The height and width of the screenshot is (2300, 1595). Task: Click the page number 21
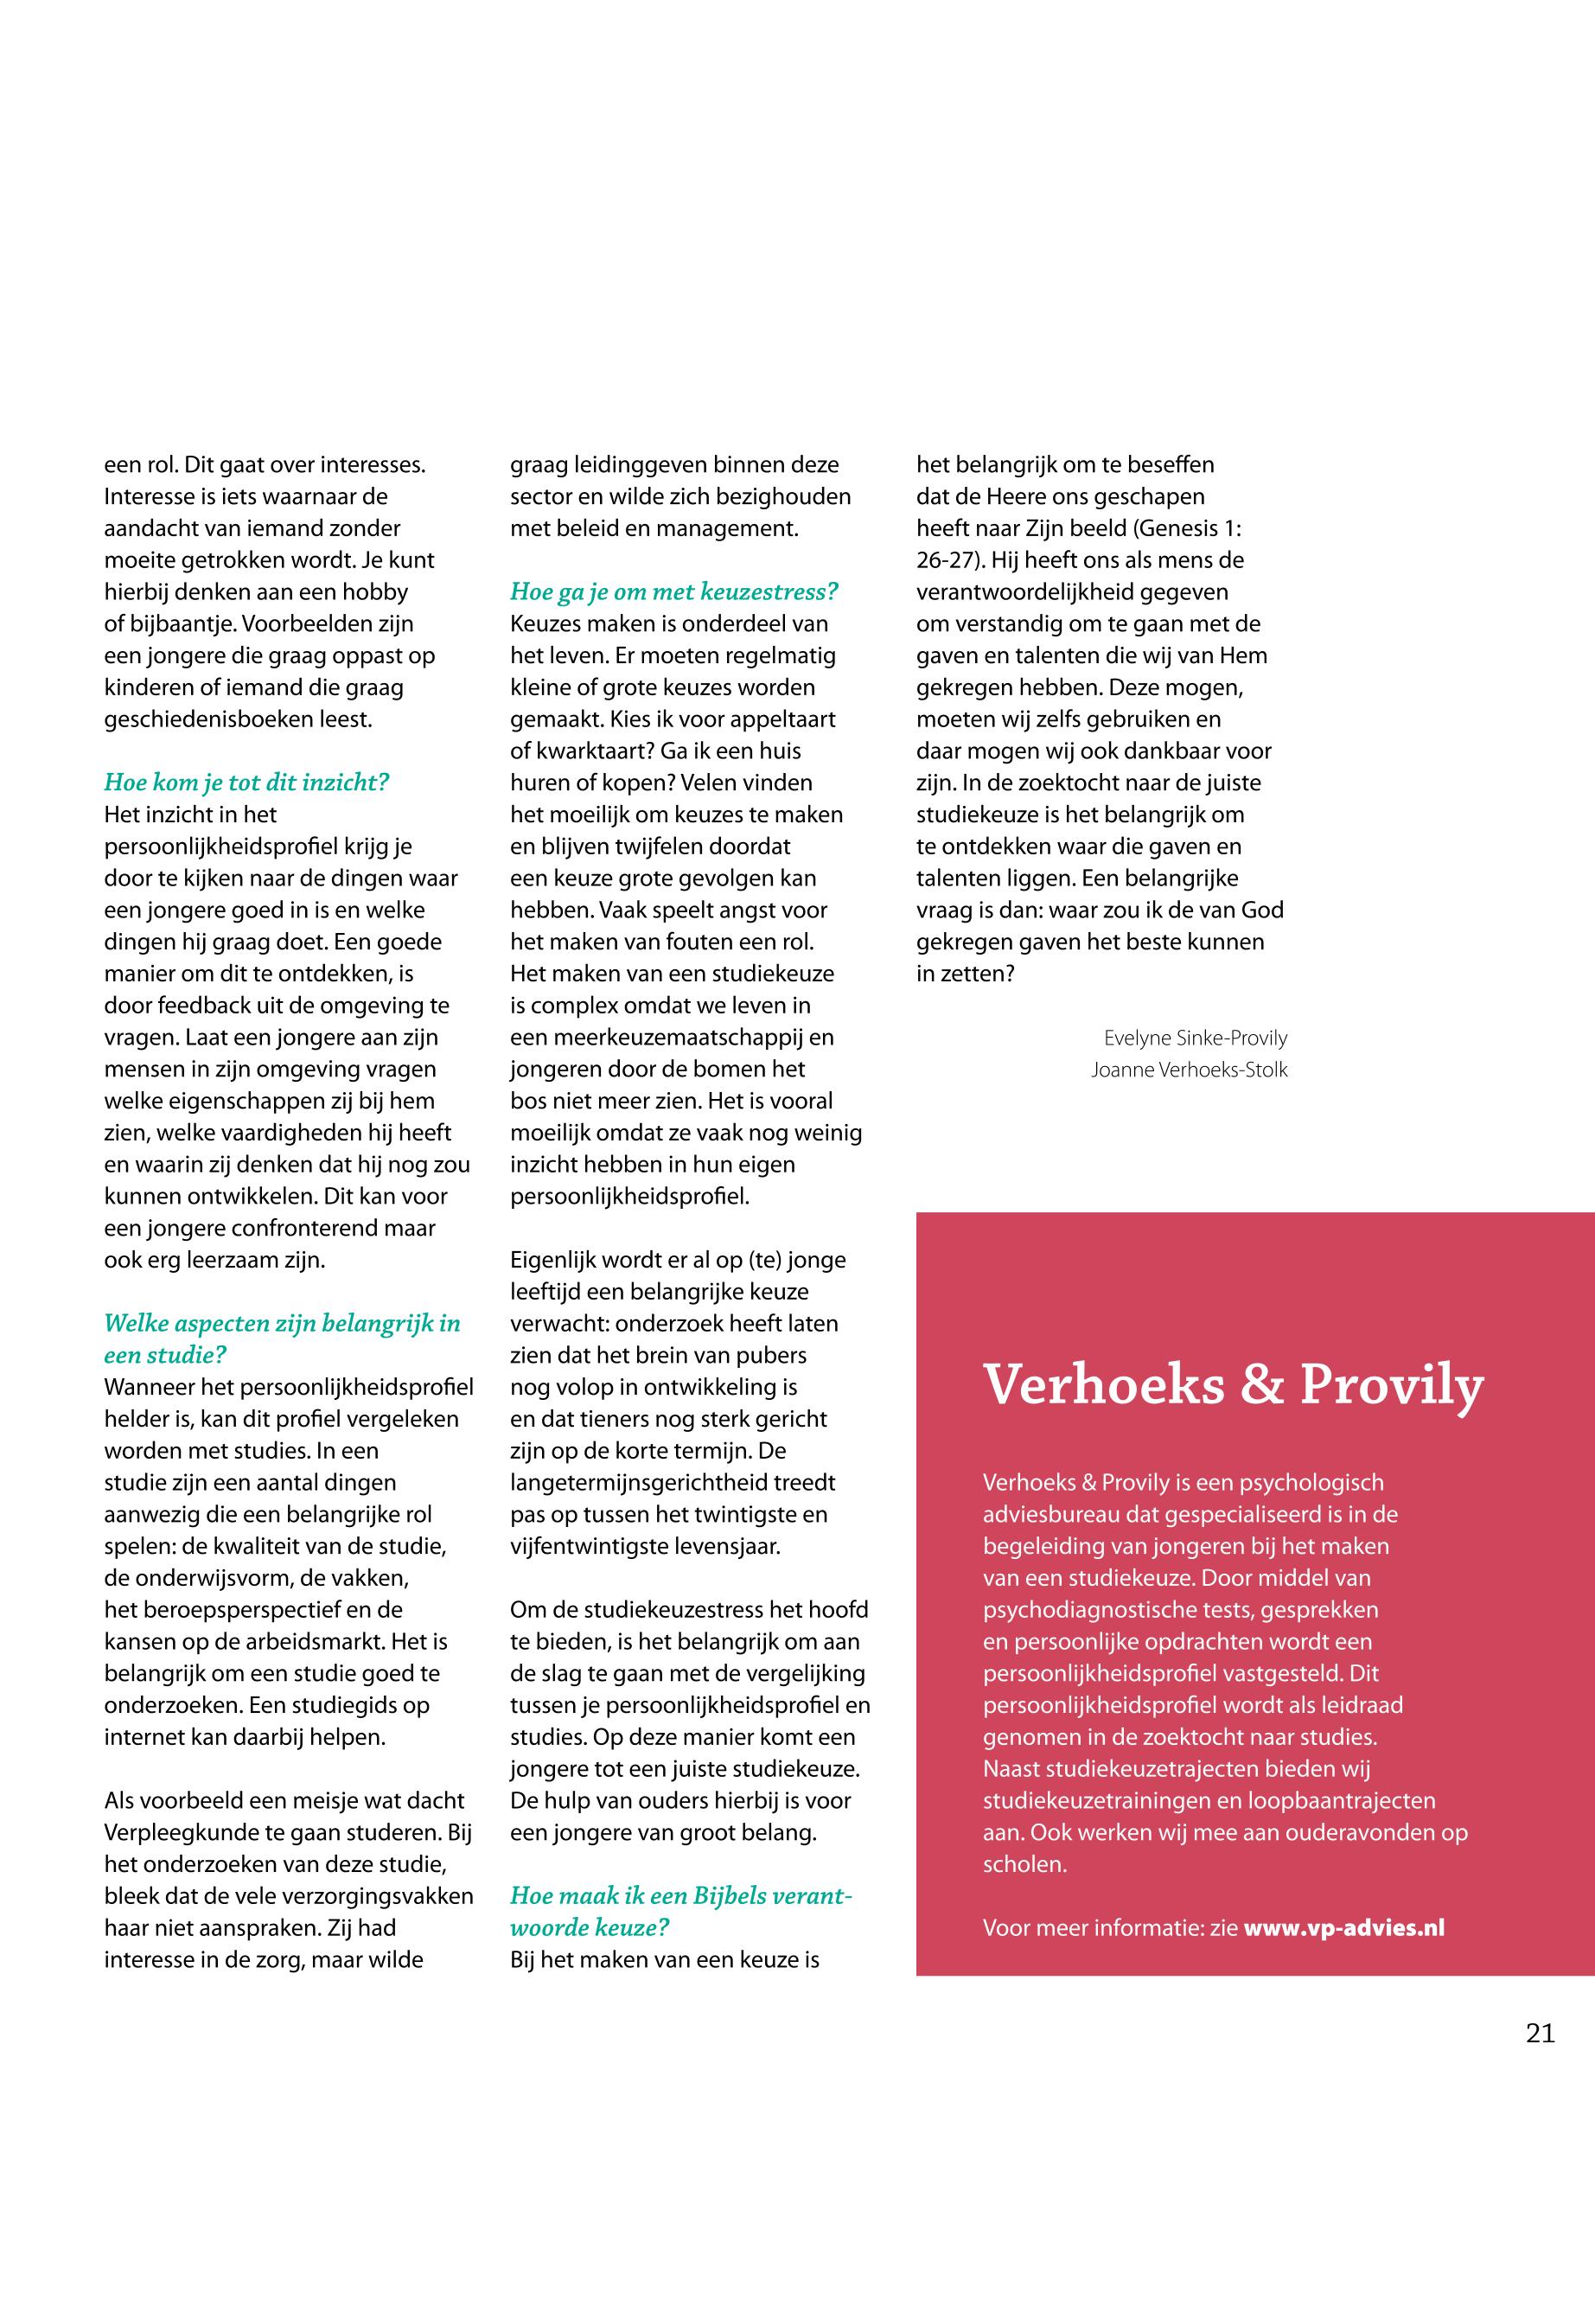[x=1540, y=2033]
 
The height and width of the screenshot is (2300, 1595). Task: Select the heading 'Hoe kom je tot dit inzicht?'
[x=246, y=783]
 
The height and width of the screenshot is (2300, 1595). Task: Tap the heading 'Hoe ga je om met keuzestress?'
[x=673, y=591]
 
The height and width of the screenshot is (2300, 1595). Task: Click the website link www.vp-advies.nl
[x=1343, y=1928]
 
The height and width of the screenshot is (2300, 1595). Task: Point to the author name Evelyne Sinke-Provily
[x=1196, y=1038]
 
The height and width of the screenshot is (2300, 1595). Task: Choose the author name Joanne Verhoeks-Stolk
[x=1190, y=1070]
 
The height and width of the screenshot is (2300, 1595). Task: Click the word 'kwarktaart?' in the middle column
[x=597, y=751]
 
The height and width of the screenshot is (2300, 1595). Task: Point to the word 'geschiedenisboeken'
[x=204, y=719]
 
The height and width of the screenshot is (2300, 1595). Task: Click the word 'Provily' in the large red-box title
[x=1391, y=1386]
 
